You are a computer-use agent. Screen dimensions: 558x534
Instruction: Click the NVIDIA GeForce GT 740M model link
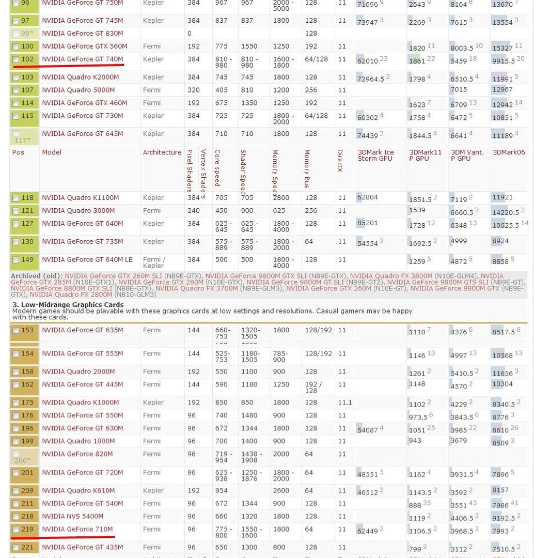(83, 59)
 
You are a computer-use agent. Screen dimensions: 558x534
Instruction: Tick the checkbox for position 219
(15, 530)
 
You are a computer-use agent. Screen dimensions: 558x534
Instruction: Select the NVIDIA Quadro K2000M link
(80, 77)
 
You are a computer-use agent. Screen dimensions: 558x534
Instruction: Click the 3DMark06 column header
(508, 152)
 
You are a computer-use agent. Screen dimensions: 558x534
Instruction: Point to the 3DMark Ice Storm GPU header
(375, 155)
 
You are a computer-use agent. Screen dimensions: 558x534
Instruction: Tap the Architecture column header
(162, 152)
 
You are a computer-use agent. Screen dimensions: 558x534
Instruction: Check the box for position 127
(15, 224)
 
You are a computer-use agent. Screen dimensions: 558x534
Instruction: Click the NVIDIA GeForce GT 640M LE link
(87, 259)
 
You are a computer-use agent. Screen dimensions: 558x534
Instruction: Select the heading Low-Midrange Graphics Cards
(68, 305)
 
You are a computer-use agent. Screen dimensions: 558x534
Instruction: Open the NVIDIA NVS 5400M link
(72, 516)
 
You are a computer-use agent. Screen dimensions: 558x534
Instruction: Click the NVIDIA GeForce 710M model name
(77, 529)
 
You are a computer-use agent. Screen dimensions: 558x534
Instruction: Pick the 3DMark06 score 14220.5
(506, 211)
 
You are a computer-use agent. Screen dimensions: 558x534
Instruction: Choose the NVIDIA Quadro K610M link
(78, 490)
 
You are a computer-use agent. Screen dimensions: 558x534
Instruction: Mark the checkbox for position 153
(15, 331)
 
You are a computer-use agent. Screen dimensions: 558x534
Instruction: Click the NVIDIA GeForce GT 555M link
(82, 353)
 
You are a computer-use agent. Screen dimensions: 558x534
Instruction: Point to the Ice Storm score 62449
(368, 531)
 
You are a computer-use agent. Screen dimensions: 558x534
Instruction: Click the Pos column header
(18, 152)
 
